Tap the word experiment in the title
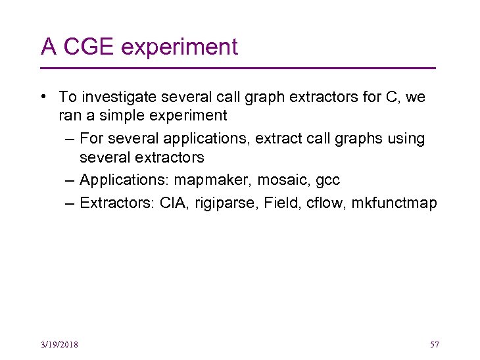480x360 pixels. point(180,48)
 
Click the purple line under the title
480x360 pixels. point(238,68)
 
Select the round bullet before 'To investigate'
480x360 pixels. point(43,97)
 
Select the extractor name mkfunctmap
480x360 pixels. point(394,203)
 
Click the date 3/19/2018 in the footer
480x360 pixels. point(59,345)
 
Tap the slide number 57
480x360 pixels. point(434,345)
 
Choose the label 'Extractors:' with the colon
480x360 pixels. point(117,203)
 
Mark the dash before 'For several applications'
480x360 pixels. point(70,139)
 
